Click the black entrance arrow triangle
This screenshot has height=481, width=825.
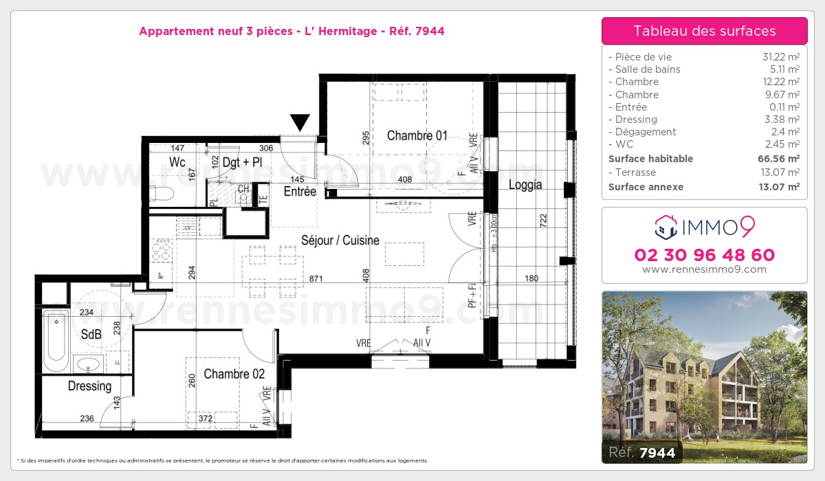(x=300, y=122)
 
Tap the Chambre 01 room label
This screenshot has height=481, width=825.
(x=417, y=135)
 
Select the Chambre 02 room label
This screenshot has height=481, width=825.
(x=234, y=374)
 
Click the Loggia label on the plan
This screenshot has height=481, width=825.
(x=525, y=184)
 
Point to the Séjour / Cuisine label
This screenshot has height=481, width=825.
(x=340, y=240)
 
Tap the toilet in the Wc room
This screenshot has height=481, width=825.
(x=157, y=192)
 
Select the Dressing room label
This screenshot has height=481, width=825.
(x=89, y=386)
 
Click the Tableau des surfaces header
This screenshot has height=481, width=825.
(x=704, y=31)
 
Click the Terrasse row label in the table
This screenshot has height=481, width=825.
(x=635, y=172)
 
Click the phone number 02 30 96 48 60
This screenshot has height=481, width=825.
(x=704, y=255)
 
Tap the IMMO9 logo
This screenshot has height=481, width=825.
(x=704, y=225)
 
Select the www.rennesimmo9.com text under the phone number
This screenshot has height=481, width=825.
(x=704, y=269)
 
